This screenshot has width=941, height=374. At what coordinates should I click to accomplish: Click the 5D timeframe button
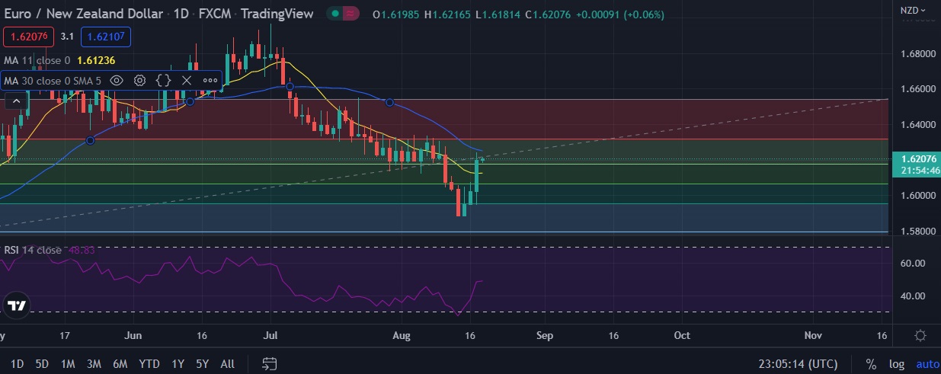pyautogui.click(x=42, y=364)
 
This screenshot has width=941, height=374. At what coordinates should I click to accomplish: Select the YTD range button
pyautogui.click(x=149, y=364)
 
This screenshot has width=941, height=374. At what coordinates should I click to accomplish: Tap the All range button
pyautogui.click(x=226, y=364)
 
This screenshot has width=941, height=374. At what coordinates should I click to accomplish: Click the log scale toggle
pyautogui.click(x=896, y=364)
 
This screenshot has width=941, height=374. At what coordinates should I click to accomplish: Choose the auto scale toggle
pyautogui.click(x=927, y=364)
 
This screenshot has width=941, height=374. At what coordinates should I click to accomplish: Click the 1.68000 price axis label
pyautogui.click(x=917, y=54)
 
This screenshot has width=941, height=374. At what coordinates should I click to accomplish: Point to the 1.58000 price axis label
pyautogui.click(x=917, y=231)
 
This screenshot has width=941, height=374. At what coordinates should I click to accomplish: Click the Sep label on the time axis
pyautogui.click(x=544, y=335)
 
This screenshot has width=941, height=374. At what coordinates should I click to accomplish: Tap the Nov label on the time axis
pyautogui.click(x=814, y=335)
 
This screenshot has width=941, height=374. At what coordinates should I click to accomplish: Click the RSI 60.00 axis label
pyautogui.click(x=913, y=263)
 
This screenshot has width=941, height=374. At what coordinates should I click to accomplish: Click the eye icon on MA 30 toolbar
pyautogui.click(x=117, y=80)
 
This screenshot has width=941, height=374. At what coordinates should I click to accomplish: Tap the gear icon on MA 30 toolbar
pyautogui.click(x=140, y=80)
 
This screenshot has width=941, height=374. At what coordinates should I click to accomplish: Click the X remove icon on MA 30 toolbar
pyautogui.click(x=187, y=80)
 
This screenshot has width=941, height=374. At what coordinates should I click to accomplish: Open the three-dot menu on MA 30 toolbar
pyautogui.click(x=210, y=80)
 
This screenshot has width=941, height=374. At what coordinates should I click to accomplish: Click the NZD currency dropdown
pyautogui.click(x=912, y=11)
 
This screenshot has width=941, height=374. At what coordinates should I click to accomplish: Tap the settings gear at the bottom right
pyautogui.click(x=920, y=335)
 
